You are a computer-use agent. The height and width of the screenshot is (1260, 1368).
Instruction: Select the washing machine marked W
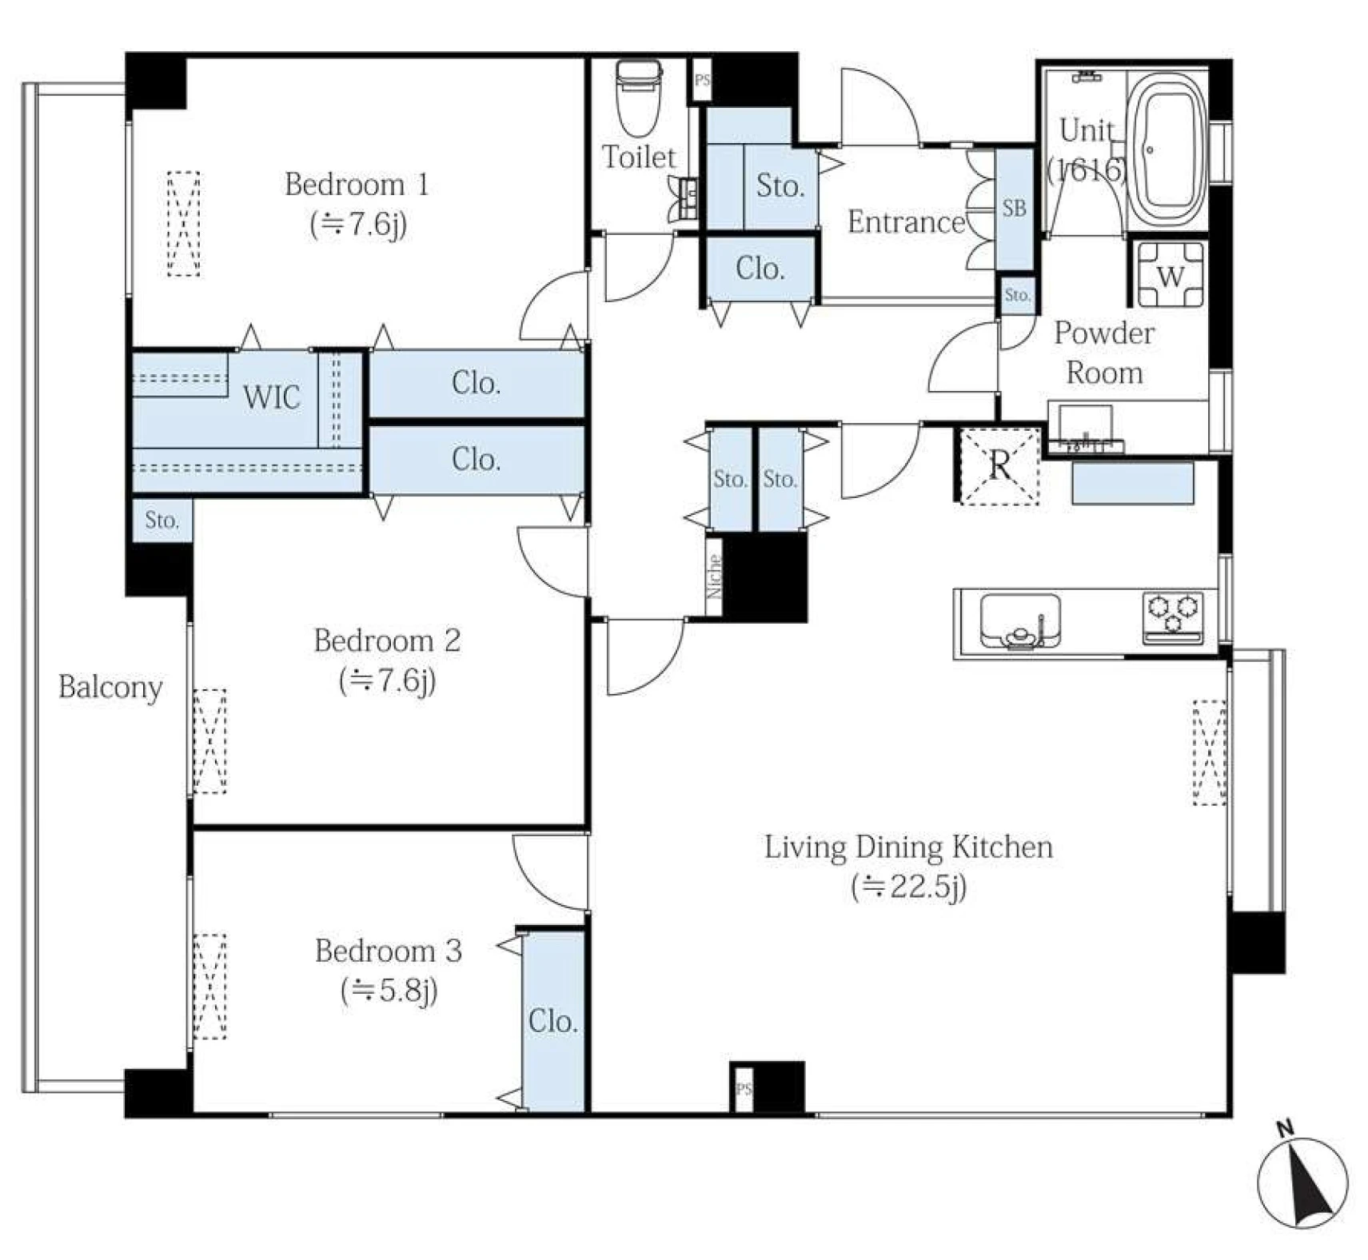click(1171, 276)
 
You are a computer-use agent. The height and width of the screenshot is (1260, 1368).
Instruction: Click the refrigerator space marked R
click(999, 467)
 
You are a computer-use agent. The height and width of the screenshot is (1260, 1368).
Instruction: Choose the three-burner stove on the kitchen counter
click(1173, 617)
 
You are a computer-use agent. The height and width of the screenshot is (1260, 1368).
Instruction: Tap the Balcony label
click(110, 688)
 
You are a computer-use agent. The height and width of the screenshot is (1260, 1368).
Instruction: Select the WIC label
click(272, 397)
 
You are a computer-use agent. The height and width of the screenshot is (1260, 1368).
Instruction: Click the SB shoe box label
click(1014, 208)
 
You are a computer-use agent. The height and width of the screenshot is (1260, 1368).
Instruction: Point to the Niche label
click(715, 576)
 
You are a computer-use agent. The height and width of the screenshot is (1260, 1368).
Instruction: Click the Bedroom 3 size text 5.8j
click(389, 991)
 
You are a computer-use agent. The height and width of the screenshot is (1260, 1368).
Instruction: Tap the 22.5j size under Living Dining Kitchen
click(909, 887)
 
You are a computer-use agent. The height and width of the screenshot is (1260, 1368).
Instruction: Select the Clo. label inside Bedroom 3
click(552, 1021)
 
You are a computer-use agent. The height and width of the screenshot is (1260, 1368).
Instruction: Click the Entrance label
click(907, 221)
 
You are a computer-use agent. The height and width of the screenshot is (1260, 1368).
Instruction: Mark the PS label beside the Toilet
click(702, 80)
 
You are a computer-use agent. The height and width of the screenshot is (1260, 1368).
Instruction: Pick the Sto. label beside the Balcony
click(162, 520)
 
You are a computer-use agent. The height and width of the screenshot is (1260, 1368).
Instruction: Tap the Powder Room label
click(1104, 353)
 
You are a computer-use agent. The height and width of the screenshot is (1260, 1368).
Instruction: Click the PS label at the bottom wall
click(744, 1088)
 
